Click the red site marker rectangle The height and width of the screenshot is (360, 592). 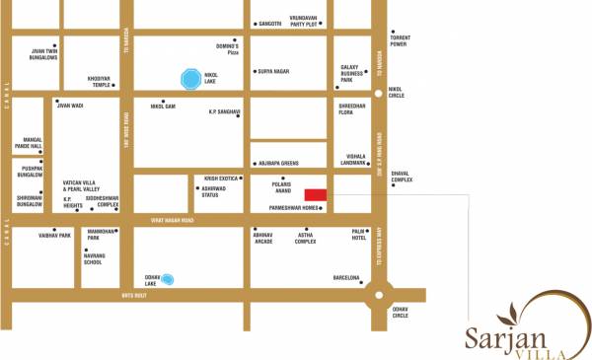tap(315, 195)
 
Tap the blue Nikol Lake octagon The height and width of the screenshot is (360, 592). tap(189, 77)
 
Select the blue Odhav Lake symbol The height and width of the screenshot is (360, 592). tap(168, 280)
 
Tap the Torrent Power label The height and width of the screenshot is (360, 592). tap(399, 41)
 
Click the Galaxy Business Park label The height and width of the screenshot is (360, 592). tap(353, 72)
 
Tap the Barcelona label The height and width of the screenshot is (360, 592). tap(346, 278)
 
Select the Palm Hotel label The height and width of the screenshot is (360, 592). tap(359, 235)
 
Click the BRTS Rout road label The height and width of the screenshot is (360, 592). tap(133, 295)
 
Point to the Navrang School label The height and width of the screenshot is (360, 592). tap(93, 258)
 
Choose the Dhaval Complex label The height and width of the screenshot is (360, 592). tap(402, 178)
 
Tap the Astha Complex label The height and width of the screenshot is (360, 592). tap(305, 237)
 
